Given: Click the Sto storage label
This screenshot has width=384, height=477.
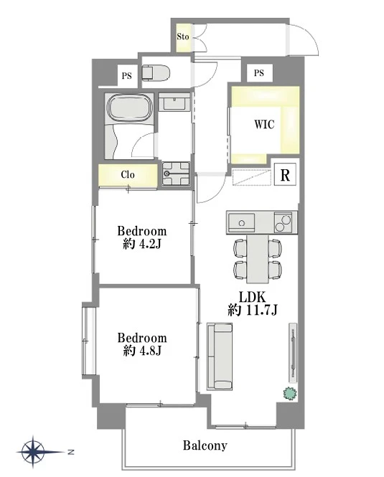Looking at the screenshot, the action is (183, 37).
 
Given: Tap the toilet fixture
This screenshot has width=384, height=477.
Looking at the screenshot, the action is (156, 72).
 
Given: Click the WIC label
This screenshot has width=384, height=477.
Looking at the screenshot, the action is (264, 124).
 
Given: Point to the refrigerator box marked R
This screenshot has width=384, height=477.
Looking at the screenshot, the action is (285, 174).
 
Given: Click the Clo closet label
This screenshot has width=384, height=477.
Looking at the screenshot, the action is (128, 174).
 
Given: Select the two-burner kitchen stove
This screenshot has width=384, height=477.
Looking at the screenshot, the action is (283, 222).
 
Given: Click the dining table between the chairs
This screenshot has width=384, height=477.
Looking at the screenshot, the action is (258, 258).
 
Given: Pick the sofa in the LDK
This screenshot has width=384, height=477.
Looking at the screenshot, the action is (220, 356).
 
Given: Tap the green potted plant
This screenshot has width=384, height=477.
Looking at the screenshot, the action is (289, 394).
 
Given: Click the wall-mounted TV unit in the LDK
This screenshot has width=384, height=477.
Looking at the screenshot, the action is (293, 353).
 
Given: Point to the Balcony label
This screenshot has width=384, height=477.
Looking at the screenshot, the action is (205, 445).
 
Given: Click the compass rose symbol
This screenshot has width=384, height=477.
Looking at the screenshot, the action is (33, 452).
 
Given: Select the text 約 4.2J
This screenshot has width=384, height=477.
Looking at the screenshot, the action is (142, 244).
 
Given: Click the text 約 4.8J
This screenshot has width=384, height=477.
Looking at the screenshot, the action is (142, 351).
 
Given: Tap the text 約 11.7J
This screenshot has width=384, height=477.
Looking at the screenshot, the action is (253, 311).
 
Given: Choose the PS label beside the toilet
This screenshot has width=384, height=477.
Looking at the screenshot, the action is (126, 75).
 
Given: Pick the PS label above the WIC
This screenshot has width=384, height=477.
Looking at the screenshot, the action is (259, 73).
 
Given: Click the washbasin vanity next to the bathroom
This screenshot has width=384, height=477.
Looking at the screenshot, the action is (174, 102).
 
